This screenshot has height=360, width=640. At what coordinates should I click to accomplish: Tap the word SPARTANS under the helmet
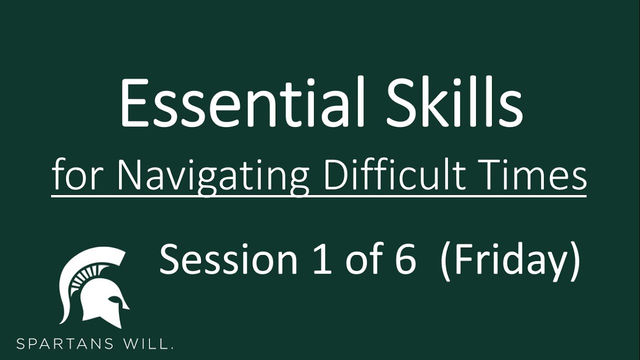tap(64, 343)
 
